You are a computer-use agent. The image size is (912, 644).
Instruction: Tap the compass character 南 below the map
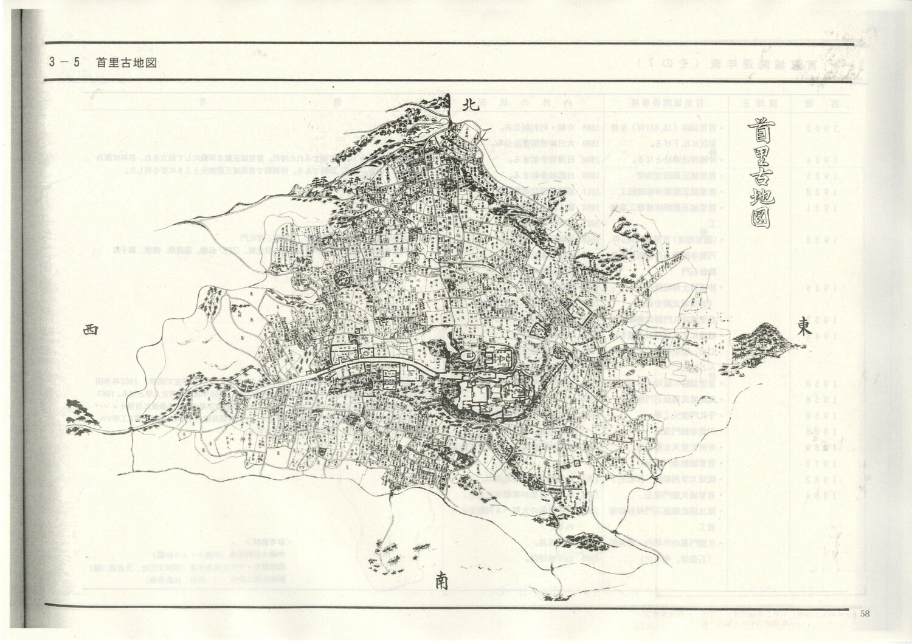click(x=442, y=581)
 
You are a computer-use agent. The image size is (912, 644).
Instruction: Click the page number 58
click(x=865, y=613)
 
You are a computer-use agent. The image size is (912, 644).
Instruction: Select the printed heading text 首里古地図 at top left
click(x=126, y=63)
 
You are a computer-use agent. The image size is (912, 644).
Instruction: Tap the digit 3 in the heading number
click(x=55, y=63)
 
